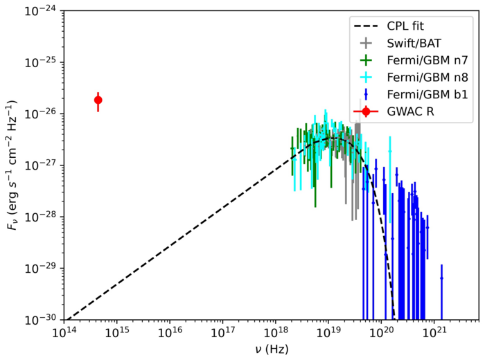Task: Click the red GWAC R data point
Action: pyautogui.click(x=98, y=100)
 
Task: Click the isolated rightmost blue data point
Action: pyautogui.click(x=441, y=278)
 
